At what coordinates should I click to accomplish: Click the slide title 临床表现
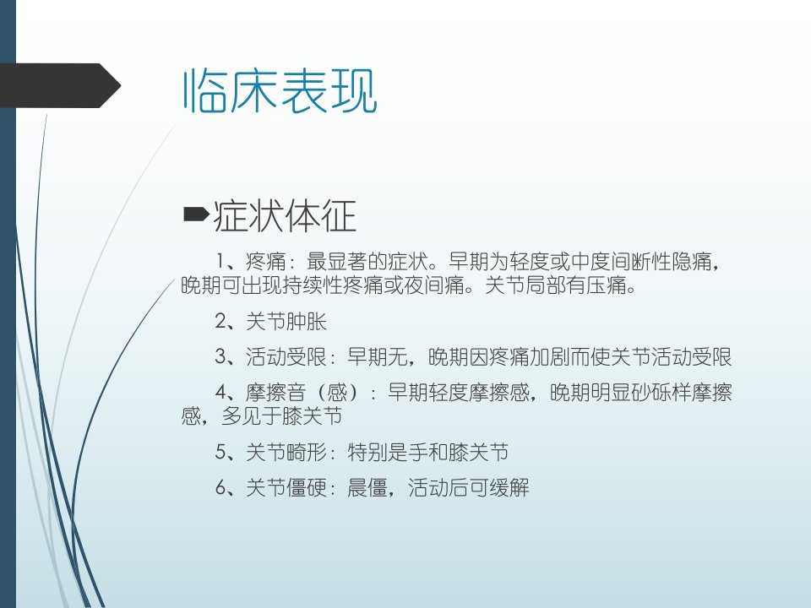click(x=280, y=91)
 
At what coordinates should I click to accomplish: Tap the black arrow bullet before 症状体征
click(x=196, y=214)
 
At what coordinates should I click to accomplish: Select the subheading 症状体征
click(x=285, y=215)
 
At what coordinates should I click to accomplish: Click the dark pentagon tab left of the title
click(x=60, y=85)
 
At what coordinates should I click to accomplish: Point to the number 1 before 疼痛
click(x=220, y=261)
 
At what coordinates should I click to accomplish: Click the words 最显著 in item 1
click(x=337, y=262)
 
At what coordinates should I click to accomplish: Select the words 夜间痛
click(x=435, y=285)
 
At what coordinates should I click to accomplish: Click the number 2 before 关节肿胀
click(x=220, y=321)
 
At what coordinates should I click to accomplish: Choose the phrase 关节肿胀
click(x=286, y=322)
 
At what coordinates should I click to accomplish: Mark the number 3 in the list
click(x=220, y=356)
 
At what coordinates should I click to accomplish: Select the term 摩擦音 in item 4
click(x=275, y=393)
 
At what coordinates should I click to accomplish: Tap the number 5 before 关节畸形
click(x=220, y=452)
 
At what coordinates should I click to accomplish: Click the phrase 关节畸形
click(x=286, y=453)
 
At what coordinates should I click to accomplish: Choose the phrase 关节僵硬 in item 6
click(x=286, y=487)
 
